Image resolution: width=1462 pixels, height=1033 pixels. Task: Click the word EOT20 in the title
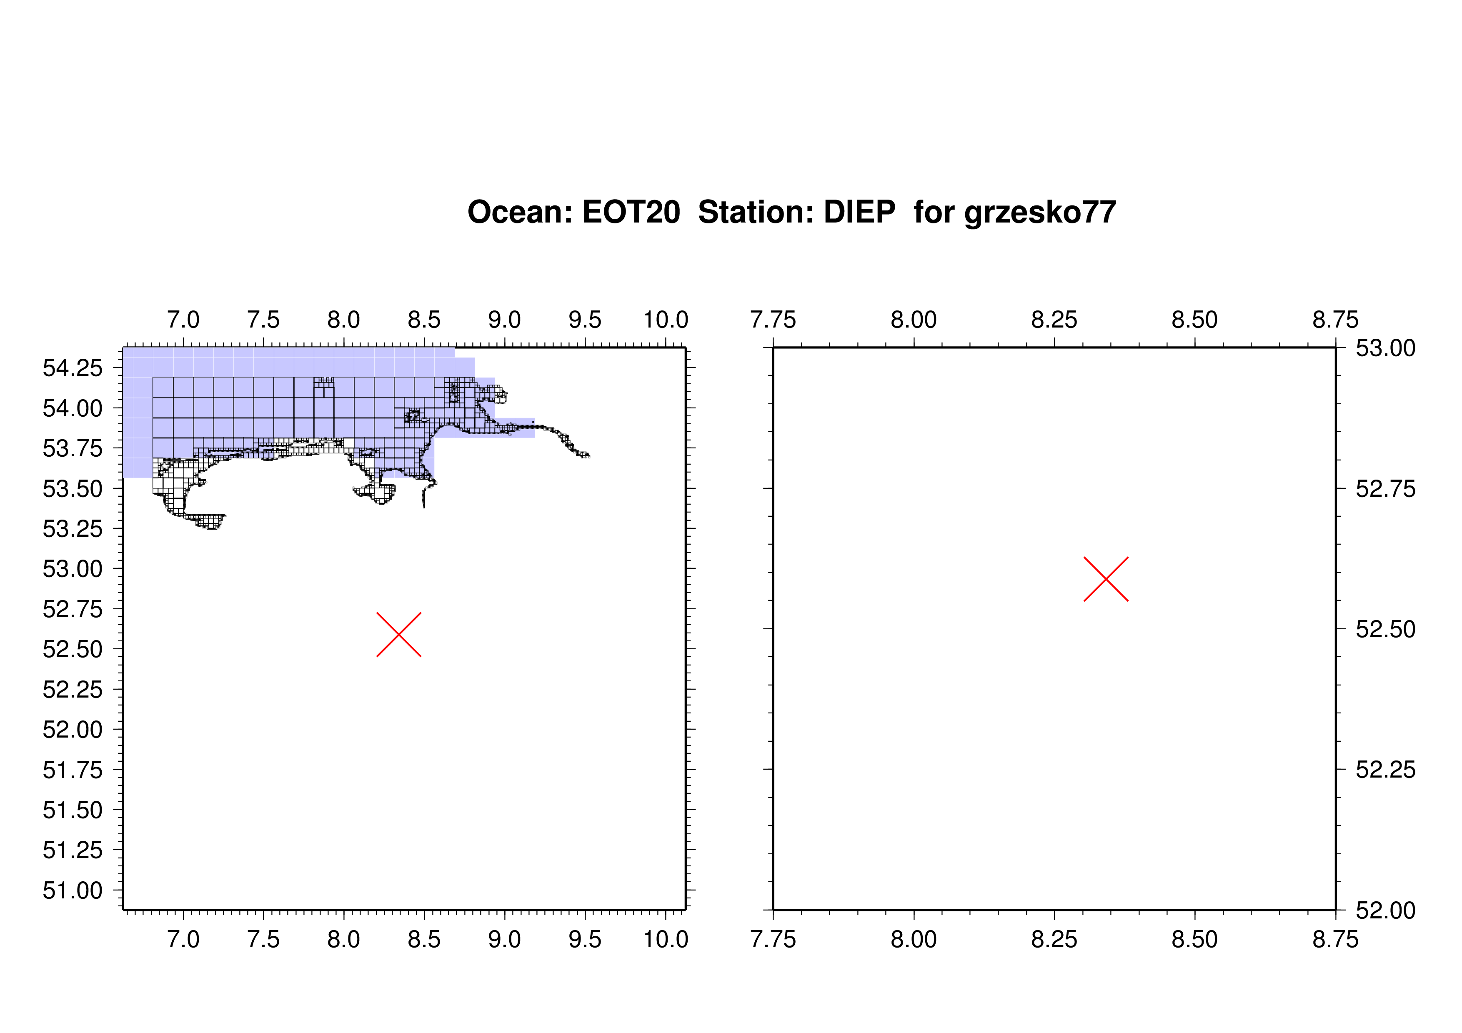point(631,212)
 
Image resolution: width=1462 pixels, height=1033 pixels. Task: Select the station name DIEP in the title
point(860,212)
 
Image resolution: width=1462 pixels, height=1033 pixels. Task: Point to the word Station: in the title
point(756,212)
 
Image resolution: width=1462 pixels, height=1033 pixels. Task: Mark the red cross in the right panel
point(1106,579)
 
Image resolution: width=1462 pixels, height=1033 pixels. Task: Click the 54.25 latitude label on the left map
point(73,368)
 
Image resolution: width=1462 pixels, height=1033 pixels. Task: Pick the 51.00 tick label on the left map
point(73,890)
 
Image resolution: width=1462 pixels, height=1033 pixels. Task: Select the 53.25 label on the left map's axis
point(73,529)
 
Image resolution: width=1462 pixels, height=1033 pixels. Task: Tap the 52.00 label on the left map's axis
point(73,729)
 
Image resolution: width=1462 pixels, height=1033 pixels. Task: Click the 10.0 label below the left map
point(666,939)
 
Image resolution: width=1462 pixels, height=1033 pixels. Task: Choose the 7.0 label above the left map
point(183,320)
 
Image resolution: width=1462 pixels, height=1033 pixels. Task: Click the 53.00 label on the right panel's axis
point(1386,348)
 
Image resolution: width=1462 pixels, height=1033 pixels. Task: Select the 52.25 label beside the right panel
point(1386,770)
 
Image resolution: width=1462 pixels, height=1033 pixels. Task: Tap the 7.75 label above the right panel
point(773,320)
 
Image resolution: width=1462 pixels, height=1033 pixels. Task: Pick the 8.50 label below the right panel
point(1194,939)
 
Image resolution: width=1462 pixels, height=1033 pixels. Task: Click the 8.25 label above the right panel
point(1054,320)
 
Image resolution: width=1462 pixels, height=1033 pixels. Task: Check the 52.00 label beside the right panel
point(1386,911)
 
